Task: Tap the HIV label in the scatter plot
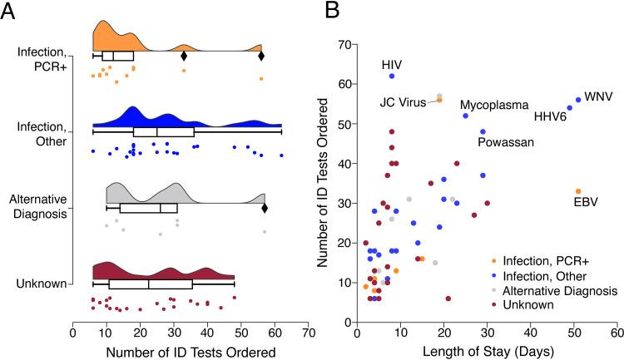392,64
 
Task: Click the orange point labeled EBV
578,191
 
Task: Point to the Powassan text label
503,142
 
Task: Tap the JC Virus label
405,103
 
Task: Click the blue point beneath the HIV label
392,76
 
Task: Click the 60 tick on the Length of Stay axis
617,334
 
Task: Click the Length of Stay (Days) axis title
487,351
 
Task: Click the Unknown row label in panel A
42,284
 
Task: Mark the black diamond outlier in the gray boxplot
265,209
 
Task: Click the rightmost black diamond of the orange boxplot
261,56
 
